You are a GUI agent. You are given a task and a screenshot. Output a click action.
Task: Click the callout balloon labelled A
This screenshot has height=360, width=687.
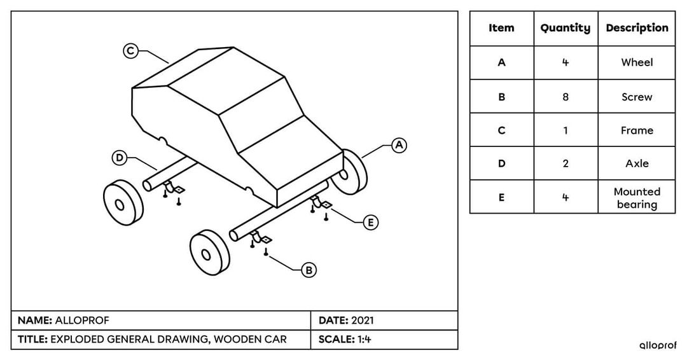pos(399,145)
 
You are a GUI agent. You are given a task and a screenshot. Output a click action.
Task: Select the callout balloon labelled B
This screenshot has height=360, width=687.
pos(309,270)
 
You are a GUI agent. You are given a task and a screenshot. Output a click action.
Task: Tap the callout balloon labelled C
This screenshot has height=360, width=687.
pos(130,51)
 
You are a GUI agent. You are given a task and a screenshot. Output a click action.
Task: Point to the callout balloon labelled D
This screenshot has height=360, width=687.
pos(120,157)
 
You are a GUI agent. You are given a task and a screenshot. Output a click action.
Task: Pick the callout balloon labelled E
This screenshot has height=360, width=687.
pos(370,222)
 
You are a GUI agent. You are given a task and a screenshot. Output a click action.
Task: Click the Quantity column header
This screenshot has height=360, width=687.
pos(565,28)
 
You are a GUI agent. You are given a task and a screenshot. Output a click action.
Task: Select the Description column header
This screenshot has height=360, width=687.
pos(637,28)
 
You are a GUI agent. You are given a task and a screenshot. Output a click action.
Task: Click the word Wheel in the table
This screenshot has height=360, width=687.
pos(637,62)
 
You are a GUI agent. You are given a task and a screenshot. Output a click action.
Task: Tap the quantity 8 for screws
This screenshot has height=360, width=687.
pos(566,97)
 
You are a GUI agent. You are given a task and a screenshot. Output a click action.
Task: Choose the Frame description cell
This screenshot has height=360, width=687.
pos(637,130)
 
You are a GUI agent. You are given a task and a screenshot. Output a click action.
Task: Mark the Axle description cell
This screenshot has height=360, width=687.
pos(637,163)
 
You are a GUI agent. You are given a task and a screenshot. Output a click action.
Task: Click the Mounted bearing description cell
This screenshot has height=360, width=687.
pos(637,198)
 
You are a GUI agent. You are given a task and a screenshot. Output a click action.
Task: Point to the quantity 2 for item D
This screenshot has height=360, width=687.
pos(566,163)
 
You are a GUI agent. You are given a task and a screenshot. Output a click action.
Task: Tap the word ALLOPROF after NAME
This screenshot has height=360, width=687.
pos(78,320)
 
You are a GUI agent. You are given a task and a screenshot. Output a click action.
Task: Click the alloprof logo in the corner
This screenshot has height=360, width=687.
pos(658,345)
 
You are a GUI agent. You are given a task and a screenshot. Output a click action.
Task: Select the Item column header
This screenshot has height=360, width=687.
pos(501,28)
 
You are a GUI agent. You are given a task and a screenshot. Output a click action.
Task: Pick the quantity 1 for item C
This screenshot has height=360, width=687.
pos(566,130)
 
